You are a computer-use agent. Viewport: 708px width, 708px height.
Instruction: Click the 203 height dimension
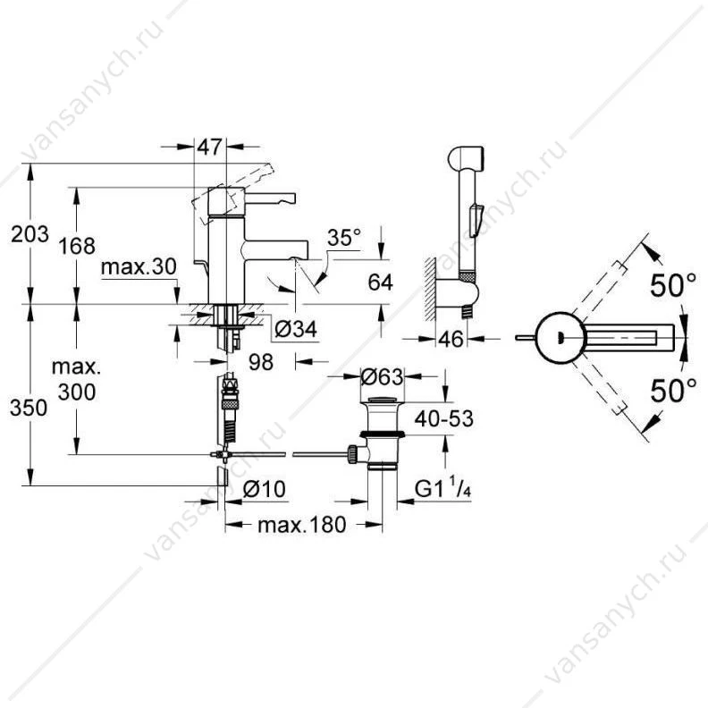pyautogui.click(x=29, y=234)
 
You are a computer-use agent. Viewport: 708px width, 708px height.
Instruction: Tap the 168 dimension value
pyautogui.click(x=77, y=247)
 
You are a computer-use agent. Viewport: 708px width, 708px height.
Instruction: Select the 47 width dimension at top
pyautogui.click(x=210, y=147)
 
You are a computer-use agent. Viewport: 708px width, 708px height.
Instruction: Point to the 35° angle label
pyautogui.click(x=344, y=238)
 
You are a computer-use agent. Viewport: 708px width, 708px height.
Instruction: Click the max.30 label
pyautogui.click(x=139, y=267)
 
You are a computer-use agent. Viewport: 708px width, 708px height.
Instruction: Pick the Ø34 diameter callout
pyautogui.click(x=296, y=330)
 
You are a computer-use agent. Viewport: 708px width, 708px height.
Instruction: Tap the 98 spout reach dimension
pyautogui.click(x=261, y=362)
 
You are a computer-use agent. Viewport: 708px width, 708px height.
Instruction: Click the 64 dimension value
pyautogui.click(x=380, y=282)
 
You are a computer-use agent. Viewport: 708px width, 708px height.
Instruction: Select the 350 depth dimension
pyautogui.click(x=29, y=409)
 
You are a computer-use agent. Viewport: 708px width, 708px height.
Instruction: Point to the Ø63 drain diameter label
pyautogui.click(x=382, y=376)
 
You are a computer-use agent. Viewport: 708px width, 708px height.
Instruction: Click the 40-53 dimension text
pyautogui.click(x=444, y=419)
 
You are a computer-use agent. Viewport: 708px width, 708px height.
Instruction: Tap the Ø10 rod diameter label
pyautogui.click(x=265, y=489)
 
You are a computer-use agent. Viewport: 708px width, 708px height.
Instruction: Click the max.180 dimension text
pyautogui.click(x=302, y=525)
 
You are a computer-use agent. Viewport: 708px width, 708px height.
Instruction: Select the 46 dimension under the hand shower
pyautogui.click(x=451, y=339)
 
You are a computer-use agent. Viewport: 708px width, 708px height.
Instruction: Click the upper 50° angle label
pyautogui.click(x=673, y=286)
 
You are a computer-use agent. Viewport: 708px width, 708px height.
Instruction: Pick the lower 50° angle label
pyautogui.click(x=673, y=391)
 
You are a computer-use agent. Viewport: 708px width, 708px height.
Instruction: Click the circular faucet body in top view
pyautogui.click(x=560, y=337)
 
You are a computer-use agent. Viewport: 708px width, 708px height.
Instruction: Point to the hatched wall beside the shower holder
pyautogui.click(x=429, y=290)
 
